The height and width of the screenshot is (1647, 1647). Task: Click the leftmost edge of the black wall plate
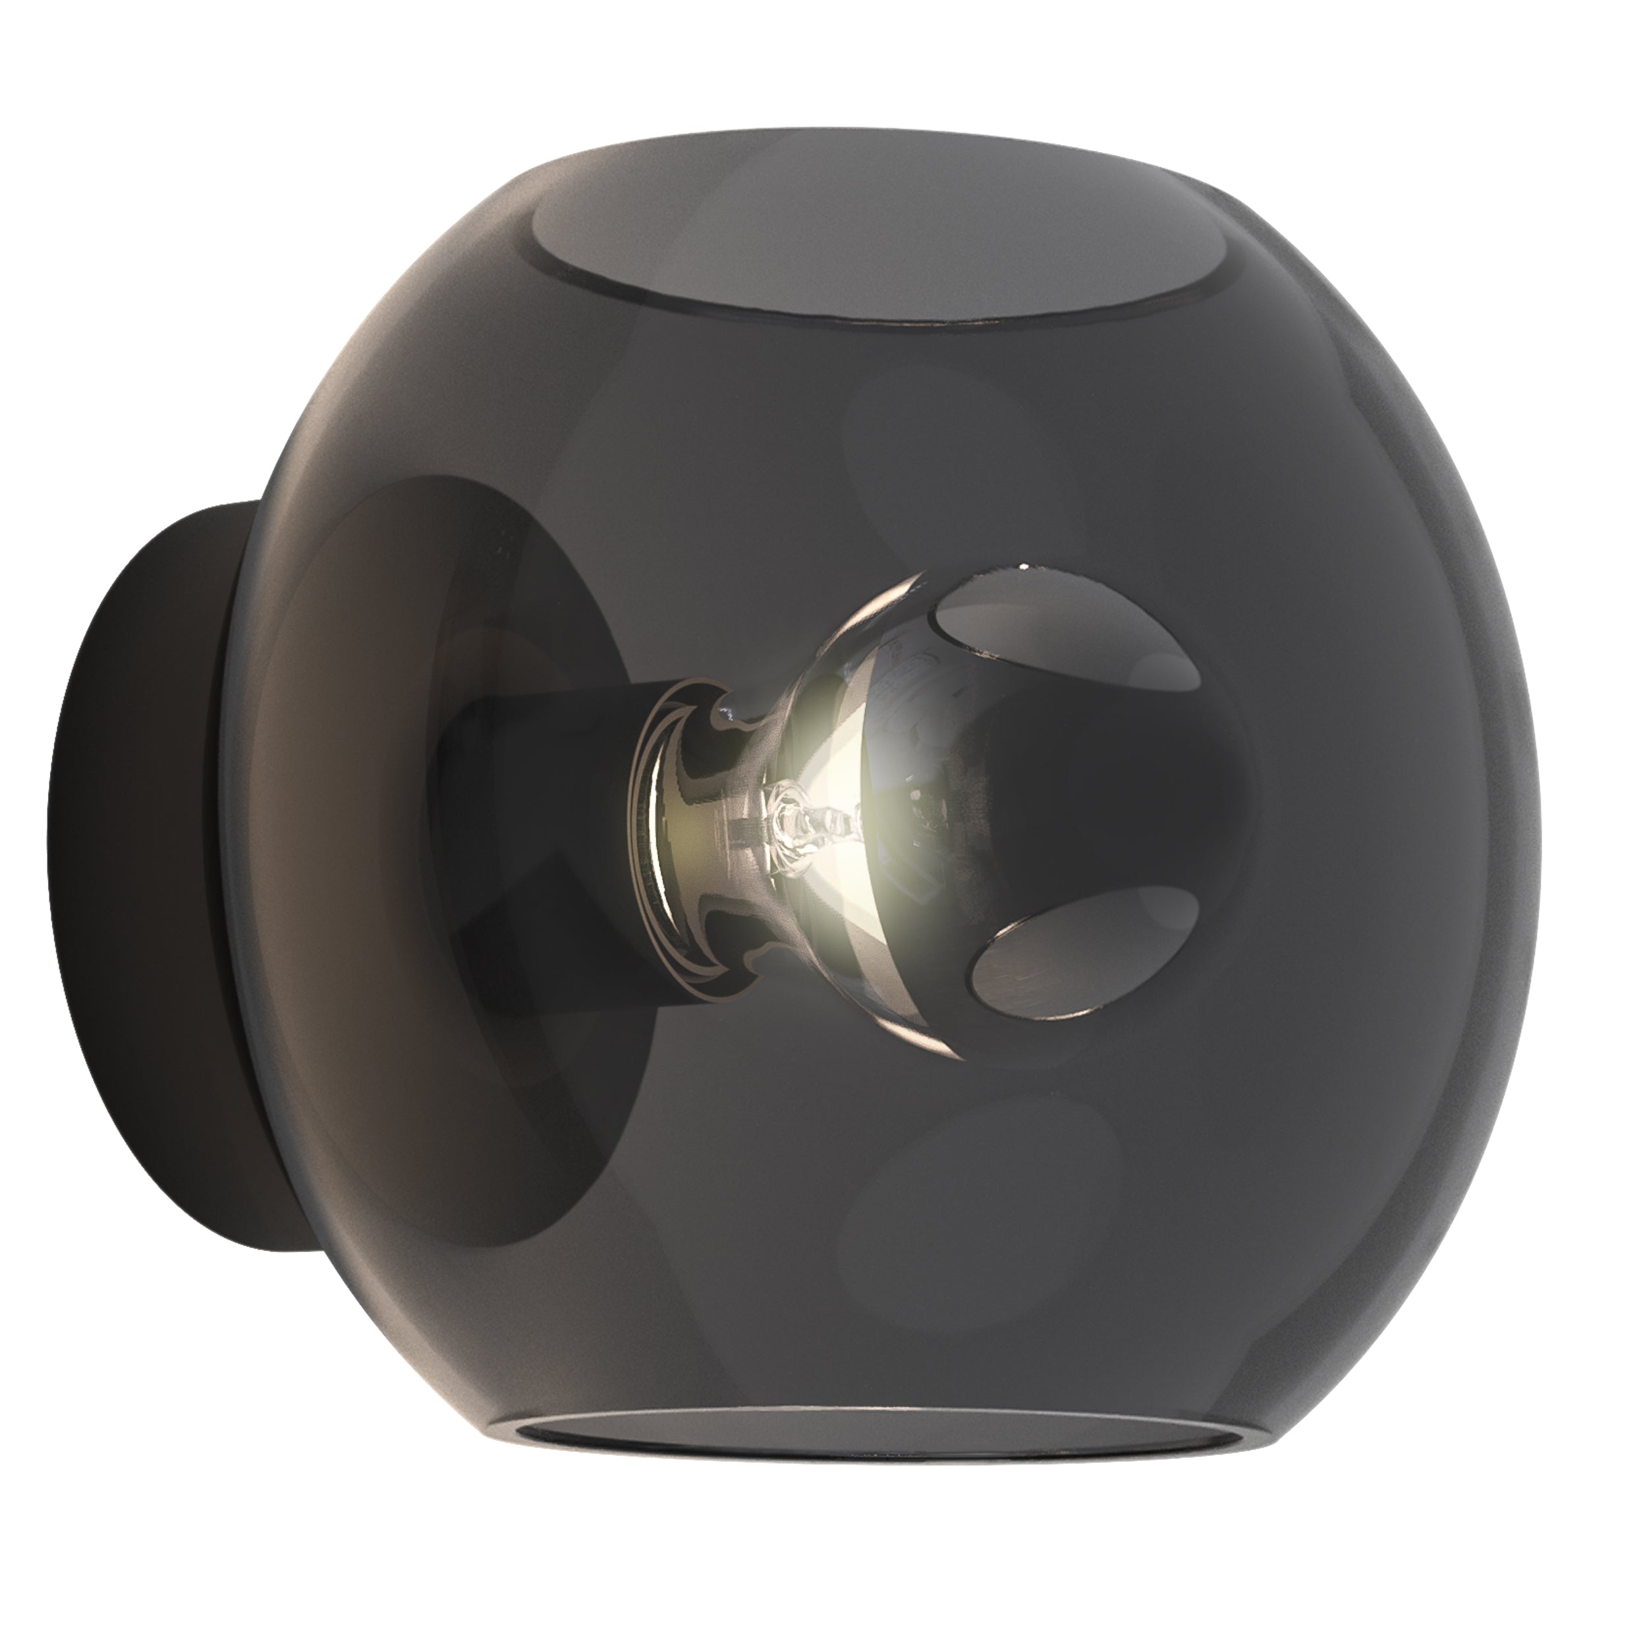[49, 818]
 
